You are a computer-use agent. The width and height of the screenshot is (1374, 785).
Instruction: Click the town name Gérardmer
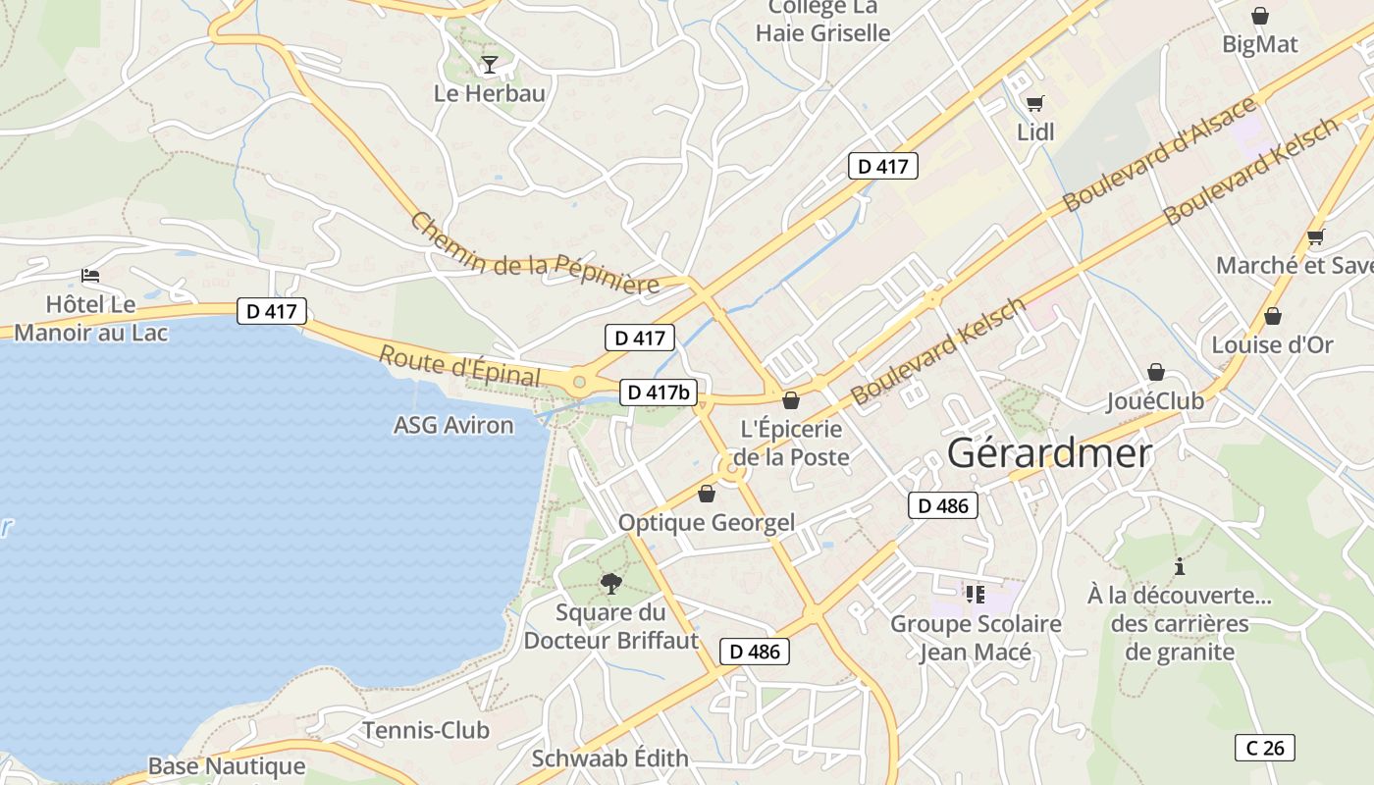[x=1049, y=453]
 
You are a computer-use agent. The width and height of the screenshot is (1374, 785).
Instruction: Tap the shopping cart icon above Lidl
[x=1034, y=103]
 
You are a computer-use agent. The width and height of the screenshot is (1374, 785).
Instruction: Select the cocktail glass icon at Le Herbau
[x=489, y=65]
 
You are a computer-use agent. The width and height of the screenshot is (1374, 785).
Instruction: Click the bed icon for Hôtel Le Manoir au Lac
[x=90, y=276]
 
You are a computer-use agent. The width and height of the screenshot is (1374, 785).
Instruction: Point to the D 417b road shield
[x=659, y=392]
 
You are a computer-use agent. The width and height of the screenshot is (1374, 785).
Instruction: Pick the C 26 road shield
[x=1264, y=748]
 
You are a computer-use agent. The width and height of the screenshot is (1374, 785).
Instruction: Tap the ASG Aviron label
[x=453, y=425]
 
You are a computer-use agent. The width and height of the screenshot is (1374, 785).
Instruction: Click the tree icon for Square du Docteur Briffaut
[x=611, y=584]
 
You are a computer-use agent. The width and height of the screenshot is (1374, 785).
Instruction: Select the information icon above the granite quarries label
[x=1179, y=566]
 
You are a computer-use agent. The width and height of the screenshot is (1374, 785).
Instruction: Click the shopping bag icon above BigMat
[x=1259, y=16]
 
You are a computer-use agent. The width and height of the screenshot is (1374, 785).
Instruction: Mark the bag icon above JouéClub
[x=1156, y=372]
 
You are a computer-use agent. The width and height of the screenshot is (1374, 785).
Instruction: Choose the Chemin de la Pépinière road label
[x=535, y=253]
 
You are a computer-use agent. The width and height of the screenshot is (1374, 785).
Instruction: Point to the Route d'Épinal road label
[x=459, y=366]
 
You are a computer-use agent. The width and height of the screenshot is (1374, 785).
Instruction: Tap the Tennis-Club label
[x=426, y=730]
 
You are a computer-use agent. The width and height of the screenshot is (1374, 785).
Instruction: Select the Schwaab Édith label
[x=609, y=759]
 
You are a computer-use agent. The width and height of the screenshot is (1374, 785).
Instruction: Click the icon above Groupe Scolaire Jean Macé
[x=975, y=594]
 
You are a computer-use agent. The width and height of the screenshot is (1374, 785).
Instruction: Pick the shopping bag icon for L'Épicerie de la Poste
[x=790, y=400]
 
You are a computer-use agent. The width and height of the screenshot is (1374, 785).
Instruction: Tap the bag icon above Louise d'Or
[x=1272, y=316]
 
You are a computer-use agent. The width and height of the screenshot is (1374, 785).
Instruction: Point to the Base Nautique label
[x=227, y=766]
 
